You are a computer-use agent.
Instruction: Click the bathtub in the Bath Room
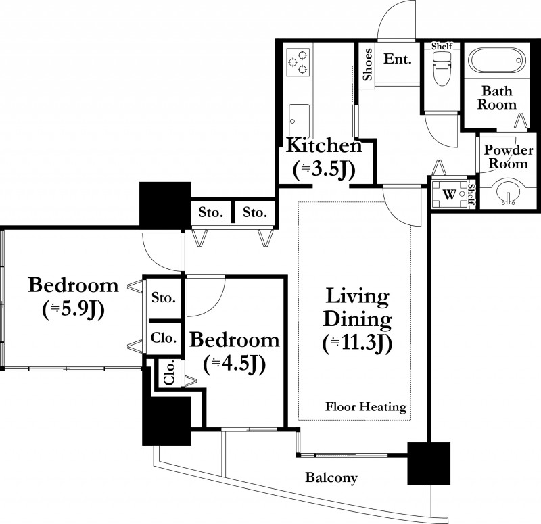(x=496, y=60)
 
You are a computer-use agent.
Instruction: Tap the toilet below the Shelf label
(x=442, y=70)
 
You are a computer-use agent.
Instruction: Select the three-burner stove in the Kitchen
(x=298, y=62)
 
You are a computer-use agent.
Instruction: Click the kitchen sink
(x=299, y=120)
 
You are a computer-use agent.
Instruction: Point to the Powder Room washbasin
(x=507, y=194)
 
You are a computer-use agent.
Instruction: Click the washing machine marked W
(x=450, y=194)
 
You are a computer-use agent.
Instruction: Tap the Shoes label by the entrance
(x=367, y=64)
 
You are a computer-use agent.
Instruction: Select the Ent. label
(x=398, y=59)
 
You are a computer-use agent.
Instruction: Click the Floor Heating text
(x=366, y=407)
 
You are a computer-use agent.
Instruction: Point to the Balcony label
(x=331, y=478)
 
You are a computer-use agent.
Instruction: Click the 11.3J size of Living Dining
(x=358, y=344)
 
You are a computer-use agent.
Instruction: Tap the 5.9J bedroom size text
(x=73, y=310)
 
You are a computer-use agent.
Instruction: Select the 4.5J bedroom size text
(x=235, y=364)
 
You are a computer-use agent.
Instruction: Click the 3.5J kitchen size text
(x=324, y=170)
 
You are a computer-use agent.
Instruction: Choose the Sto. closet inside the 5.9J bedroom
(x=164, y=297)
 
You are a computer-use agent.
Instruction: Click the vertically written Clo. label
(x=170, y=373)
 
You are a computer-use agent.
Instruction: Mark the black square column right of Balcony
(x=429, y=463)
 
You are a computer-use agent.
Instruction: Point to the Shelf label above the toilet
(x=442, y=46)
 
